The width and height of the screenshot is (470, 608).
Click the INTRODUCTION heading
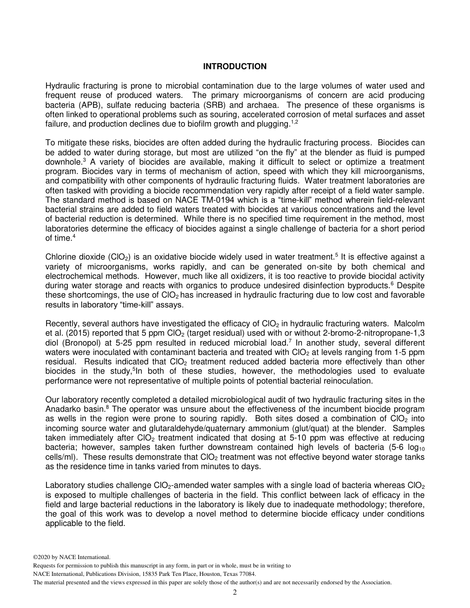(x=235, y=66)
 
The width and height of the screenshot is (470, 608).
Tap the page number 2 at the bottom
(x=235, y=593)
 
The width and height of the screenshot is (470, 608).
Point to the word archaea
(x=262, y=105)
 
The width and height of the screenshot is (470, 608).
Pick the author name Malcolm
(x=410, y=324)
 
